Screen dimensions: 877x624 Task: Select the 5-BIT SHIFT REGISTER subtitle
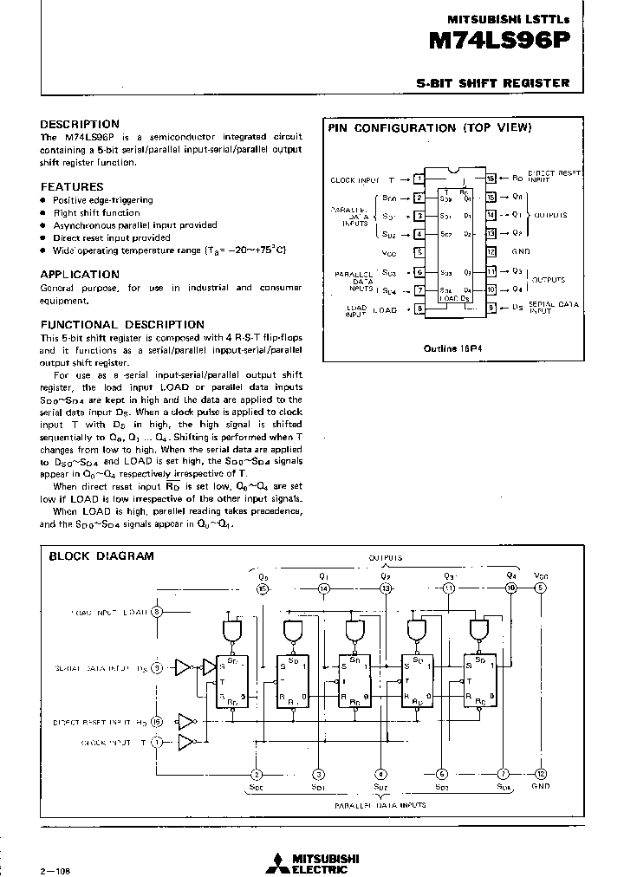(493, 83)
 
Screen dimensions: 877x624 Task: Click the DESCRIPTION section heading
(80, 124)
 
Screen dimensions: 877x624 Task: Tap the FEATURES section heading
(72, 186)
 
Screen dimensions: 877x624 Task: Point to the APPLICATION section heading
(80, 274)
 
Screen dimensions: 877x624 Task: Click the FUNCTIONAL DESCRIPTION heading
(122, 324)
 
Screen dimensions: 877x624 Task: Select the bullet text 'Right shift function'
(96, 212)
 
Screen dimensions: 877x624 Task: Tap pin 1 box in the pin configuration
(419, 179)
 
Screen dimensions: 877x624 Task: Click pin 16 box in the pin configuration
(491, 179)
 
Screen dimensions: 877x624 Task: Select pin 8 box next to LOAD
(419, 309)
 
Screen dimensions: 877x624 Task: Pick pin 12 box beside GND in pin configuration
(491, 252)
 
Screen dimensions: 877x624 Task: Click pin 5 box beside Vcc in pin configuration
(419, 252)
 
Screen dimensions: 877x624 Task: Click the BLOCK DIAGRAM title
(101, 555)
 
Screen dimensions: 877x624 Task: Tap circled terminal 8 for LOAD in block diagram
(157, 612)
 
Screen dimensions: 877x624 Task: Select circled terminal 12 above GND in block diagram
(541, 774)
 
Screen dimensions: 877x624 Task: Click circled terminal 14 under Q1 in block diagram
(323, 588)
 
